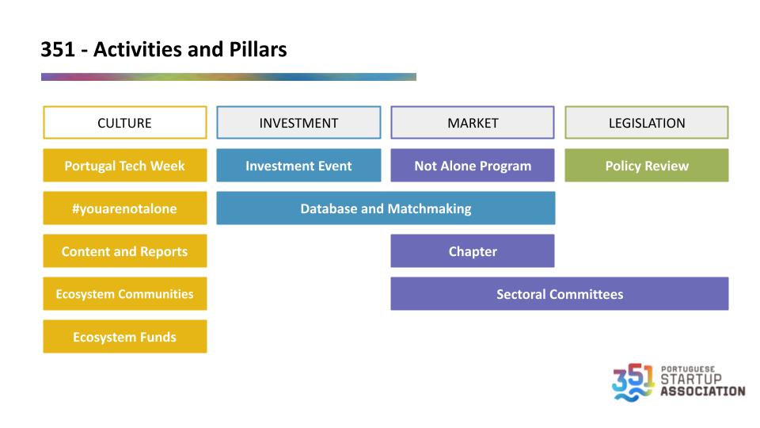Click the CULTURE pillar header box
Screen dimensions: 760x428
point(125,123)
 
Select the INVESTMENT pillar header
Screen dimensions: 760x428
point(298,123)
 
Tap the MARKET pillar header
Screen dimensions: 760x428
point(473,123)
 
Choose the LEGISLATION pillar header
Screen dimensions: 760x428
point(647,123)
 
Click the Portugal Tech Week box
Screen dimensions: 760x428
point(125,166)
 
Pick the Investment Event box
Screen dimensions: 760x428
point(298,166)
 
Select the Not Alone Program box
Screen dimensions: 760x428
point(473,166)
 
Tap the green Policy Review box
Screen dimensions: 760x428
point(647,166)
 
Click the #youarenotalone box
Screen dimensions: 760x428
point(125,208)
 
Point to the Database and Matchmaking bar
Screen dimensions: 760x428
point(386,208)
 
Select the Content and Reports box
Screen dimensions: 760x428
point(125,251)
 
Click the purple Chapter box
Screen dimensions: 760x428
point(473,251)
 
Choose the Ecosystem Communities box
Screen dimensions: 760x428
point(125,293)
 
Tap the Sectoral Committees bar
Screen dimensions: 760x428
point(560,293)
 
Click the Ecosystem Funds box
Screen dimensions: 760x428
point(125,336)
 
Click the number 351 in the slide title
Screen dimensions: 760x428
point(58,49)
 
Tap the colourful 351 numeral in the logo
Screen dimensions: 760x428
point(633,382)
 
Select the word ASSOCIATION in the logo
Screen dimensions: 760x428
point(703,391)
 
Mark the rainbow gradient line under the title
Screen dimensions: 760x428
point(229,77)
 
